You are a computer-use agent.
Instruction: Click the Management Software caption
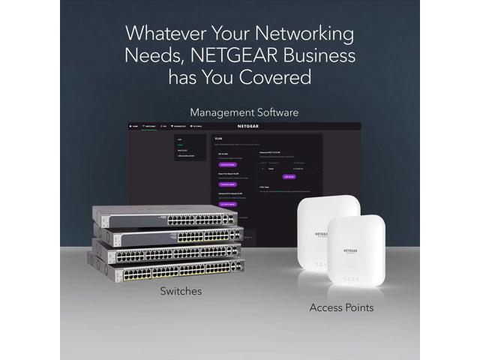[244, 112]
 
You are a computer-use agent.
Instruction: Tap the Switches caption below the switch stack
[181, 291]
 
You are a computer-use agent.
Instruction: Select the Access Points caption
[341, 307]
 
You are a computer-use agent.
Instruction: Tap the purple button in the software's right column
[289, 177]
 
